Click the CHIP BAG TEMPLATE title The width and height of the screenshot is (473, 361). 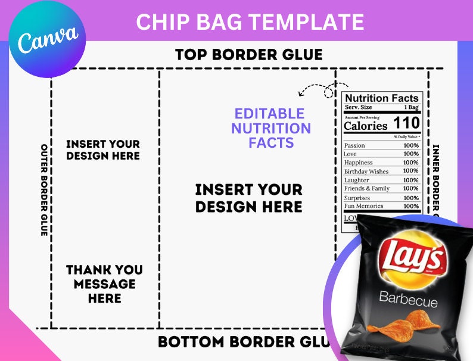[x=250, y=22]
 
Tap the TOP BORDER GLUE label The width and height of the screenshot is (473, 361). [x=248, y=55]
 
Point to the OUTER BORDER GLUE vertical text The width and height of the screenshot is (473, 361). [x=44, y=189]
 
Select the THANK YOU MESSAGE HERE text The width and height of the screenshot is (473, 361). [x=105, y=284]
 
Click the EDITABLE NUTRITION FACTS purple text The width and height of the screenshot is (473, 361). [x=271, y=128]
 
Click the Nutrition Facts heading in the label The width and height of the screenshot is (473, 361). [x=382, y=98]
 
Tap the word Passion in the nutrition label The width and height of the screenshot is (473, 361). [x=355, y=145]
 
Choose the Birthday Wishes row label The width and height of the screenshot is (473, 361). [x=366, y=172]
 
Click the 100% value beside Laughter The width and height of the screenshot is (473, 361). [x=410, y=180]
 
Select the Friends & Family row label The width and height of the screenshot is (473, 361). [x=367, y=188]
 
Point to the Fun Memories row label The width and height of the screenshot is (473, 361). [x=363, y=206]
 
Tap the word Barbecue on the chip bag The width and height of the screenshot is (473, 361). [x=408, y=301]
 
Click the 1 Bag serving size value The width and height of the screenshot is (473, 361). [x=410, y=107]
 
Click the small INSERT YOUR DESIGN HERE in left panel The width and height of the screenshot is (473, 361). [x=102, y=150]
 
